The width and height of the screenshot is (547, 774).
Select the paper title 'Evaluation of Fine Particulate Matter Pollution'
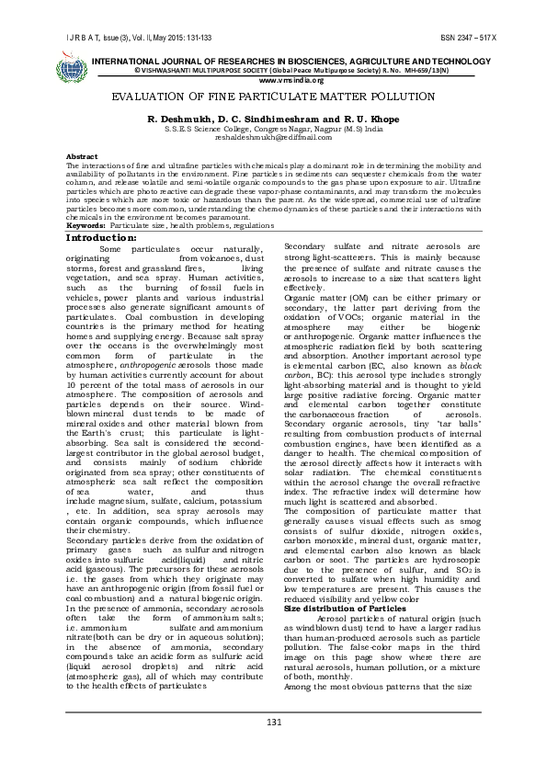(273, 96)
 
